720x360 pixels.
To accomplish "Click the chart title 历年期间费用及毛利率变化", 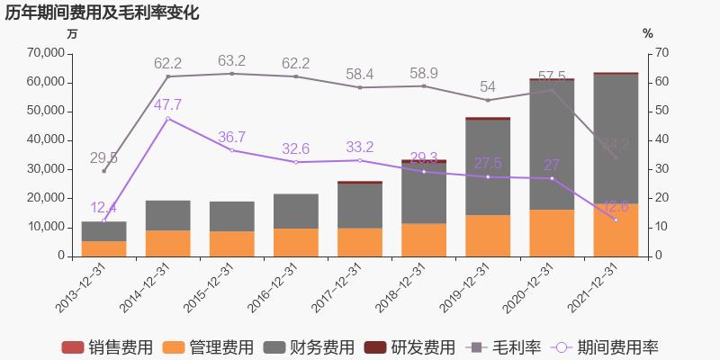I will pyautogui.click(x=102, y=13).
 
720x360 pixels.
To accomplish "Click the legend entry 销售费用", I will pyautogui.click(x=107, y=347).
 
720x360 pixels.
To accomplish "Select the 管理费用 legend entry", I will pyautogui.click(x=209, y=347).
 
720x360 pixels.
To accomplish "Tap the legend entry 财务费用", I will pyautogui.click(x=310, y=347).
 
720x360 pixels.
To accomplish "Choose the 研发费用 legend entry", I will pyautogui.click(x=409, y=347).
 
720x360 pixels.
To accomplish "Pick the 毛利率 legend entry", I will pyautogui.click(x=501, y=347).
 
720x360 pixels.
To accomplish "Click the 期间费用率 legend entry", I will pyautogui.click(x=604, y=347).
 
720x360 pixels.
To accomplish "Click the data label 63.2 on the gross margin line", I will pyautogui.click(x=232, y=61).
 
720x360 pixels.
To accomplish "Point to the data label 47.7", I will pyautogui.click(x=168, y=105).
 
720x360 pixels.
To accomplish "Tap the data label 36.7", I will pyautogui.click(x=232, y=137).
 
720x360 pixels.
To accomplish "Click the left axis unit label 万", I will pyautogui.click(x=72, y=33).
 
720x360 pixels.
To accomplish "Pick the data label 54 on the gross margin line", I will pyautogui.click(x=488, y=87).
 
